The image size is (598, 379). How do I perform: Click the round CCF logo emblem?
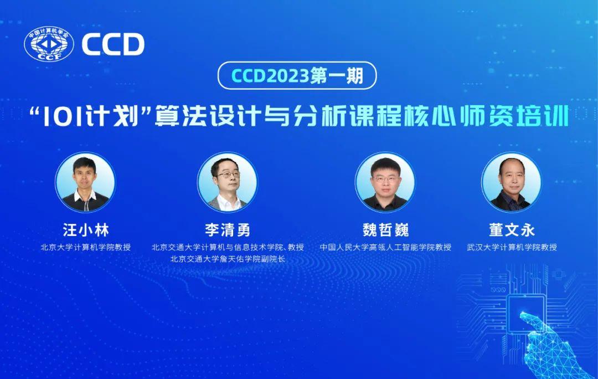pyautogui.click(x=49, y=45)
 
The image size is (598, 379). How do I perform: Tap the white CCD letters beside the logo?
pyautogui.click(x=113, y=45)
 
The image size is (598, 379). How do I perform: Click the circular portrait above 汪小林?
pyautogui.click(x=85, y=182)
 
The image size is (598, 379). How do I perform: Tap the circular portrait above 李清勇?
pyautogui.click(x=227, y=182)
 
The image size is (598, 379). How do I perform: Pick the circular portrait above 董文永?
pyautogui.click(x=511, y=182)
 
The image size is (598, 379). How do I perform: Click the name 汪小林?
pyautogui.click(x=85, y=229)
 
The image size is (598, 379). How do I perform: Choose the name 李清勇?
pyautogui.click(x=227, y=229)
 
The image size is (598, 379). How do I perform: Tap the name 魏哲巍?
pyautogui.click(x=385, y=229)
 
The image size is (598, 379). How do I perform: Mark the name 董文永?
pyautogui.click(x=512, y=229)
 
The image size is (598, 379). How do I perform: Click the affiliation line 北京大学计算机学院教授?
pyautogui.click(x=85, y=247)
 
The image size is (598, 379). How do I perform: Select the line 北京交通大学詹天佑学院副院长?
pyautogui.click(x=227, y=259)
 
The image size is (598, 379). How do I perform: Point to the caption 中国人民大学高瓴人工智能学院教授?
pyautogui.click(x=385, y=247)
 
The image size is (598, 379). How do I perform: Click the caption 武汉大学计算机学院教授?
pyautogui.click(x=512, y=247)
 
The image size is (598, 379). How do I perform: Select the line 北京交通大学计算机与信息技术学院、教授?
pyautogui.click(x=227, y=247)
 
